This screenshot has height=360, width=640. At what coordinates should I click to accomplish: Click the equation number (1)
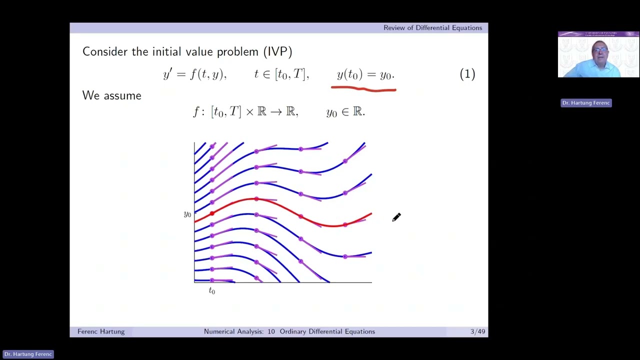pyautogui.click(x=467, y=74)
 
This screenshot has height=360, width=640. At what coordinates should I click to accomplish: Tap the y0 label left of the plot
pyautogui.click(x=187, y=214)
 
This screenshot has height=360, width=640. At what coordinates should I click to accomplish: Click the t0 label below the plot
pyautogui.click(x=212, y=290)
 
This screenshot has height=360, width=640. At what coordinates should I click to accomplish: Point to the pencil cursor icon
pyautogui.click(x=396, y=217)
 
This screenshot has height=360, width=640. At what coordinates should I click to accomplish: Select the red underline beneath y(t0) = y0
pyautogui.click(x=363, y=89)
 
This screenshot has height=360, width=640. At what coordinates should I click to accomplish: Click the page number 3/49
pyautogui.click(x=477, y=331)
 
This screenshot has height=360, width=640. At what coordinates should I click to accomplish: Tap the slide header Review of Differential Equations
pyautogui.click(x=432, y=28)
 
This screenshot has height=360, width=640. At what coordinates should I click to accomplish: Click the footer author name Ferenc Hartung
pyautogui.click(x=101, y=331)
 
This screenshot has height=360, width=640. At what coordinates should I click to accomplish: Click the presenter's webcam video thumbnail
pyautogui.click(x=598, y=54)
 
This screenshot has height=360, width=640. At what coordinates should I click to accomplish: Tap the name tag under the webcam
pyautogui.click(x=586, y=103)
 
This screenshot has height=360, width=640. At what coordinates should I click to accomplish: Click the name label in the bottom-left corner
pyautogui.click(x=28, y=354)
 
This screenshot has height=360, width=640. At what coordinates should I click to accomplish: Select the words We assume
pyautogui.click(x=112, y=95)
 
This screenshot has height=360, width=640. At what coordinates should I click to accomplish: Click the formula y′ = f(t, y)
pyautogui.click(x=194, y=74)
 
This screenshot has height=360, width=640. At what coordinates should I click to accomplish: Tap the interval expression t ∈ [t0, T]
pyautogui.click(x=281, y=74)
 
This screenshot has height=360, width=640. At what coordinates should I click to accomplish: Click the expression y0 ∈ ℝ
pyautogui.click(x=345, y=112)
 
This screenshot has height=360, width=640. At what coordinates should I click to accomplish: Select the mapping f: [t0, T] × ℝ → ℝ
pyautogui.click(x=245, y=112)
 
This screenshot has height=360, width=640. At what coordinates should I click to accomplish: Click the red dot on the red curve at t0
pyautogui.click(x=212, y=213)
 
